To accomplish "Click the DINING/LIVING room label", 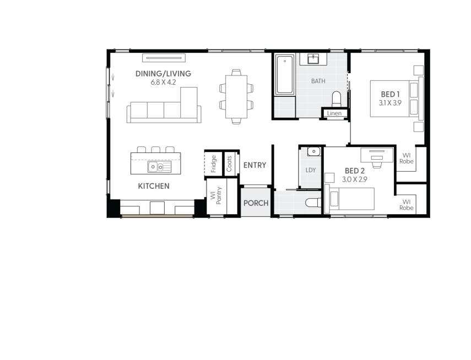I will pyautogui.click(x=163, y=74).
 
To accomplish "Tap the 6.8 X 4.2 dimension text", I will pyautogui.click(x=163, y=83).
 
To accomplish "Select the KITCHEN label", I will pyautogui.click(x=154, y=186).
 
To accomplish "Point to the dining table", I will pyautogui.click(x=236, y=96).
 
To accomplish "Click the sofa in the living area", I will pyautogui.click(x=164, y=110).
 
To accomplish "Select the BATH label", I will pyautogui.click(x=318, y=81).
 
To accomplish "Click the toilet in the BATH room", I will pyautogui.click(x=337, y=100).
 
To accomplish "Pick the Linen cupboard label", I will pyautogui.click(x=334, y=113).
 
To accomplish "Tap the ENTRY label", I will pyautogui.click(x=255, y=165).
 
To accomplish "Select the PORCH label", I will pyautogui.click(x=256, y=203).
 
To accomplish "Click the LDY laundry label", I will pyautogui.click(x=311, y=170).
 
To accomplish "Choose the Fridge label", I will pyautogui.click(x=214, y=163).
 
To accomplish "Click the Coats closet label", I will pyautogui.click(x=229, y=163).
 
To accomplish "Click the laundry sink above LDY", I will pyautogui.click(x=312, y=151).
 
